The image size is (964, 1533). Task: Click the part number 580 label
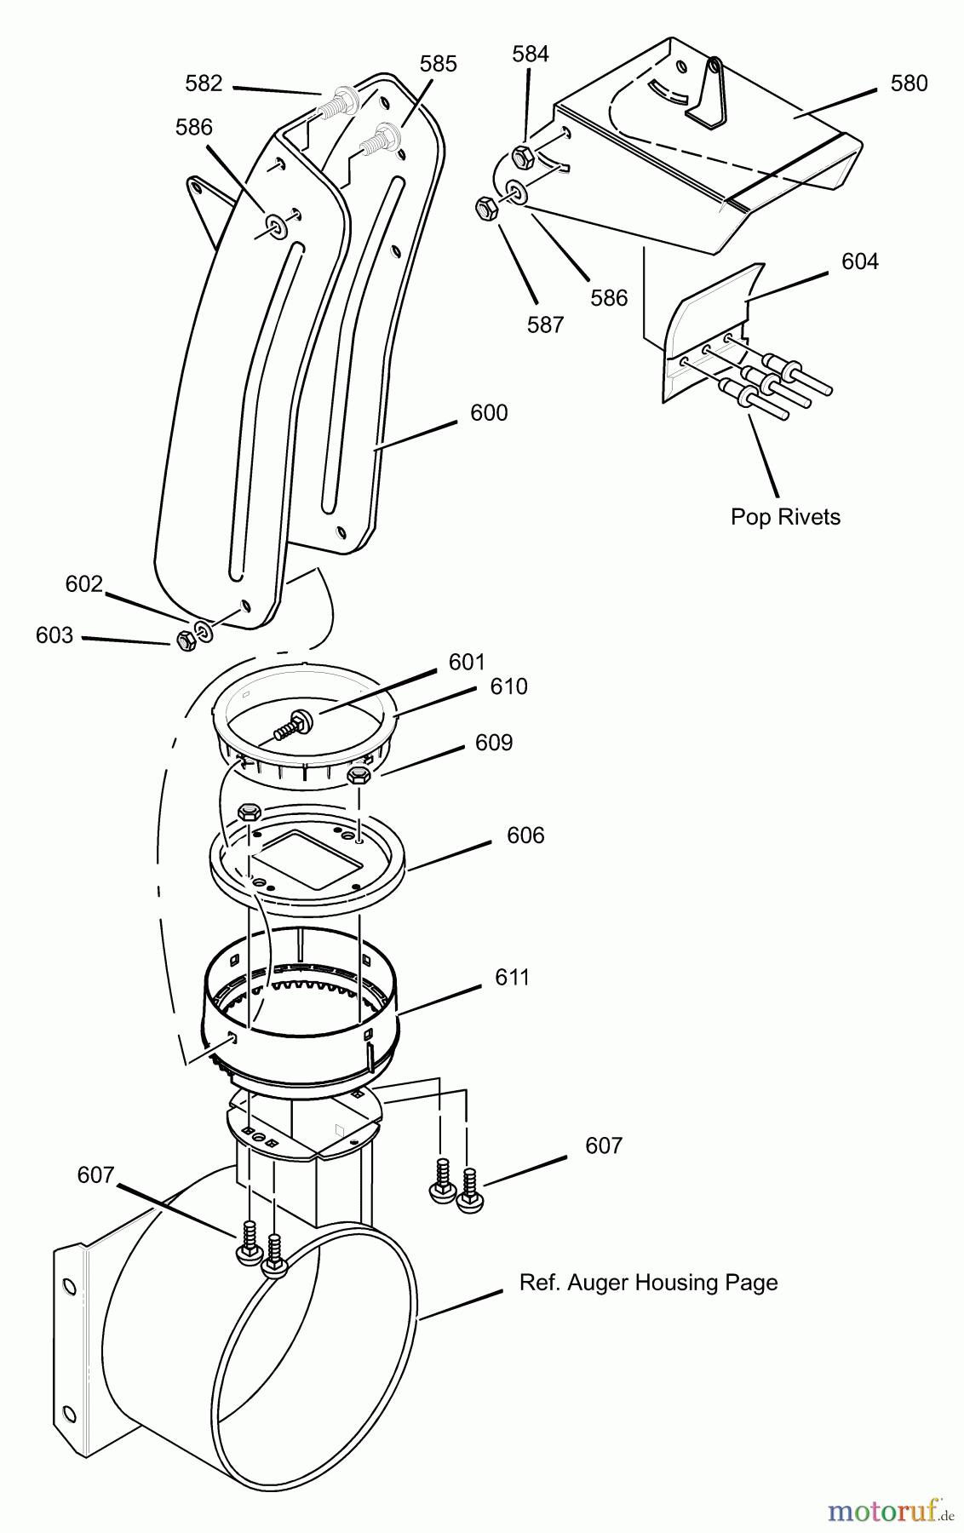(x=909, y=83)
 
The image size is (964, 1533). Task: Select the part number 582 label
(x=204, y=83)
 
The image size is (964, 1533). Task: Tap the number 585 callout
(x=439, y=64)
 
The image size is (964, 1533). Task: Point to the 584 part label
(x=531, y=54)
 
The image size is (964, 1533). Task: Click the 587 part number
(x=546, y=324)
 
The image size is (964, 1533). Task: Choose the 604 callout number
(x=860, y=261)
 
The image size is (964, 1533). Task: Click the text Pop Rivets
(x=785, y=517)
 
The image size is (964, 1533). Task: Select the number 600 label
(x=489, y=412)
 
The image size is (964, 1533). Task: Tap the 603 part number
(x=55, y=635)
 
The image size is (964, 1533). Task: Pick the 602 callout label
(x=84, y=584)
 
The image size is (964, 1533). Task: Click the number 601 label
(x=467, y=662)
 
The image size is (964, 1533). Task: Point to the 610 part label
(x=508, y=686)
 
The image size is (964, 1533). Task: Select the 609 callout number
(x=494, y=743)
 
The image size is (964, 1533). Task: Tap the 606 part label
(x=525, y=835)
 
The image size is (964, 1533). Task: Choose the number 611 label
(x=513, y=977)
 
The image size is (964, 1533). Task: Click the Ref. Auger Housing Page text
(x=649, y=1283)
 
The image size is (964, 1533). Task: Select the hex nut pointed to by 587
(x=486, y=208)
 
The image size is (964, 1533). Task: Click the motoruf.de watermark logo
(x=892, y=1510)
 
